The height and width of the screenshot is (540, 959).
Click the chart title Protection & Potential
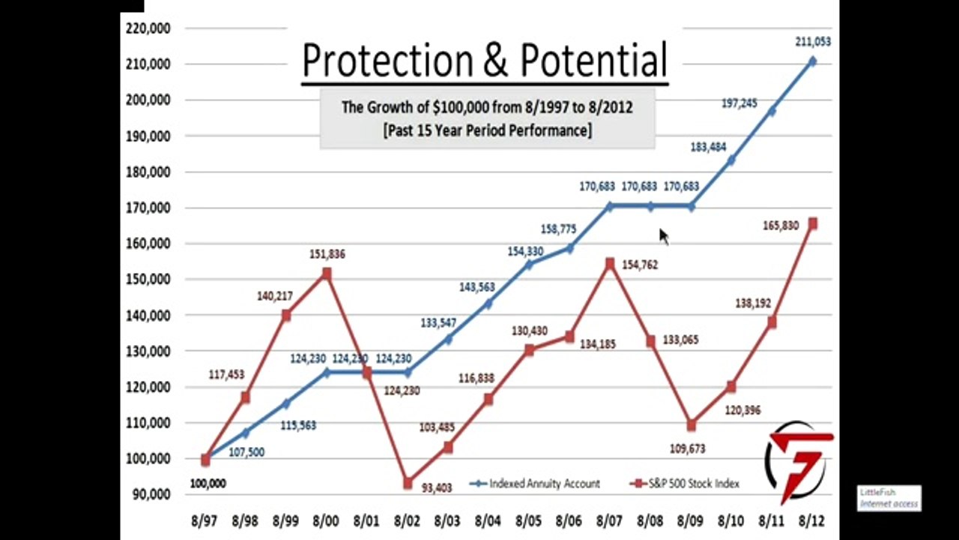(x=484, y=59)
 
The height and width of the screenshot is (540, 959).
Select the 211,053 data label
(x=812, y=42)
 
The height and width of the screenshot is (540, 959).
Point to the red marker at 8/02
(x=407, y=484)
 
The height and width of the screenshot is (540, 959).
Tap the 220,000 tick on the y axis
(x=150, y=28)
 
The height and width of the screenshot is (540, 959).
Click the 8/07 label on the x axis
(x=609, y=520)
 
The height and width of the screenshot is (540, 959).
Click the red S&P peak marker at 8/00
(x=326, y=274)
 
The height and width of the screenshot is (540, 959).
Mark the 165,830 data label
(x=780, y=225)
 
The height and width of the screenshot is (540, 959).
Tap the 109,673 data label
(x=688, y=448)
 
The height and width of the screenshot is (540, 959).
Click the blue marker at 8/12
(x=812, y=61)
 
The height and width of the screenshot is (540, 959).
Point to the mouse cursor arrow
(x=663, y=235)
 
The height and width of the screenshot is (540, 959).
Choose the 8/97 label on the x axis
(x=204, y=520)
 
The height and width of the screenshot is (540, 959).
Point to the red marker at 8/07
(x=609, y=263)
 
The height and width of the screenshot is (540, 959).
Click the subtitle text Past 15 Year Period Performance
(x=487, y=130)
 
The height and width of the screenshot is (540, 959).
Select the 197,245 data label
(x=739, y=103)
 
